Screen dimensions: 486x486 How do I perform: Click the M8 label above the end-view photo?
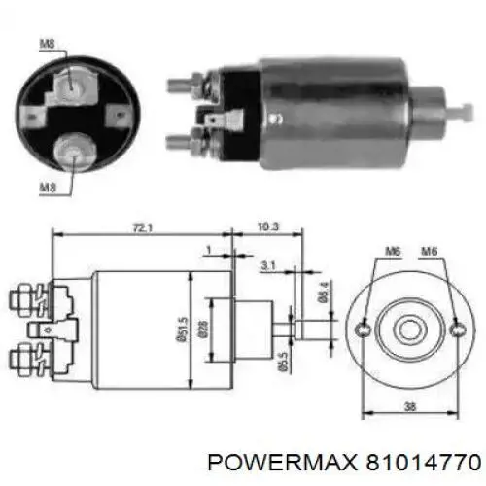(x=46, y=43)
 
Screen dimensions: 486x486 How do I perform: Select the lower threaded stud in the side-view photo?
(x=181, y=142)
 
